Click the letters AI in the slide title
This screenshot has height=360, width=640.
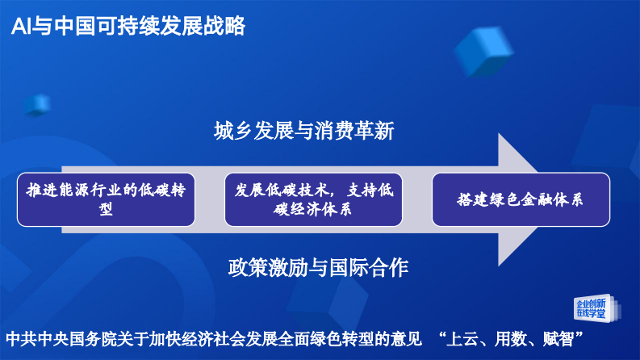pos(22,26)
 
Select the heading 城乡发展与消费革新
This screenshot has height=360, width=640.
pos(304,131)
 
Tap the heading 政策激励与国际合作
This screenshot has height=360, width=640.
pos(318,268)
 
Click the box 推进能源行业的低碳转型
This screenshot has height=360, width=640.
pos(106,199)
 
